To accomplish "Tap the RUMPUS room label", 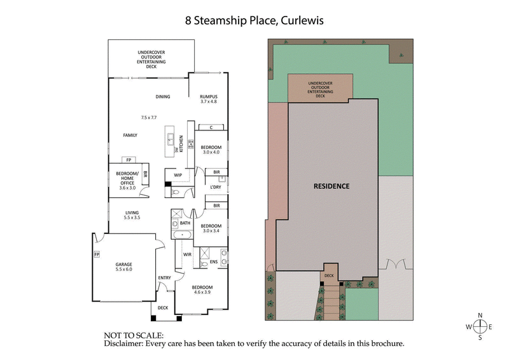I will (x=209, y=96).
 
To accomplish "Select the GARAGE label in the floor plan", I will (x=123, y=264).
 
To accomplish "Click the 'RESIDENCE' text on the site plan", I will (x=331, y=186).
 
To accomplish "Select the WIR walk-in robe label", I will (x=188, y=254).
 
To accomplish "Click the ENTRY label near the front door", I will (x=164, y=278).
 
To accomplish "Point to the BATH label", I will (x=185, y=223).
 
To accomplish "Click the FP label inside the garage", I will (x=97, y=254).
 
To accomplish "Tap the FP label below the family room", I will (x=129, y=160).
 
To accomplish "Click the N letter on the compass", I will (x=482, y=315).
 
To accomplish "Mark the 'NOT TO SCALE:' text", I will (x=134, y=335).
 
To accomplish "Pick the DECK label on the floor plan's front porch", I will (x=163, y=307).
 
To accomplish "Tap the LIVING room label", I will (x=132, y=213).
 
